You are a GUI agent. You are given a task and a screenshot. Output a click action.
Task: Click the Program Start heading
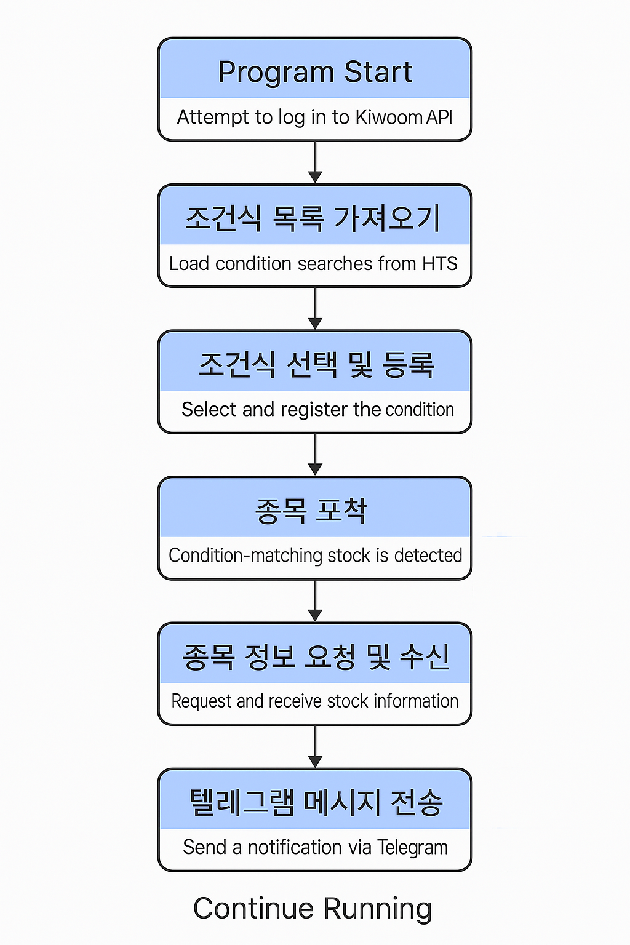315,72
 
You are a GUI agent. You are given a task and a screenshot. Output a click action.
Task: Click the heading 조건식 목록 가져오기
313,218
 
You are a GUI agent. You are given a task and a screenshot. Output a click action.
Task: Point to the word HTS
439,263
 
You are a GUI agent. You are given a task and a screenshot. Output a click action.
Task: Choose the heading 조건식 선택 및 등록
316,364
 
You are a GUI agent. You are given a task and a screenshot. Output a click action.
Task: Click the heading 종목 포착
311,511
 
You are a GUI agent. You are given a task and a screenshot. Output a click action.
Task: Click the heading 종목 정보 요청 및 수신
316,656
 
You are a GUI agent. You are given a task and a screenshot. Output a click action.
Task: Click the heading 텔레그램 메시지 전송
316,803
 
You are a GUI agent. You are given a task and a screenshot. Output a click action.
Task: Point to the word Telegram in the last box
412,848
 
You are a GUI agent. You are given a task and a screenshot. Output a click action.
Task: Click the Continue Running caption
313,909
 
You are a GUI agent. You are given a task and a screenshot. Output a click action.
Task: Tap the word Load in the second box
189,263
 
